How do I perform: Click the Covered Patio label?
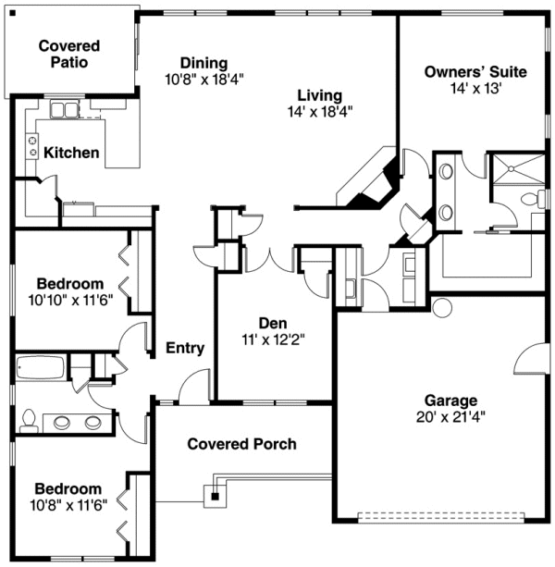point(69,54)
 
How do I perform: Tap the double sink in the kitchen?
point(65,111)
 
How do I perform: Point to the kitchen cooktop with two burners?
point(32,146)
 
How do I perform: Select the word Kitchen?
point(71,152)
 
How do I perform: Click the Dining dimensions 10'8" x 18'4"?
point(204,79)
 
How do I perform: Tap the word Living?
point(320,95)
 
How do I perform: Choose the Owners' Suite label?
point(475,71)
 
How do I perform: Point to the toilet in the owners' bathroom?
point(531,199)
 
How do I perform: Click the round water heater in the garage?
point(439,307)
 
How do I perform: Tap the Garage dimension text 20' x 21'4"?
point(450,416)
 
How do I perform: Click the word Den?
point(272,323)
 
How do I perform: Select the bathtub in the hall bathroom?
point(40,368)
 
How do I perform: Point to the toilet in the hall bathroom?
point(28,422)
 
